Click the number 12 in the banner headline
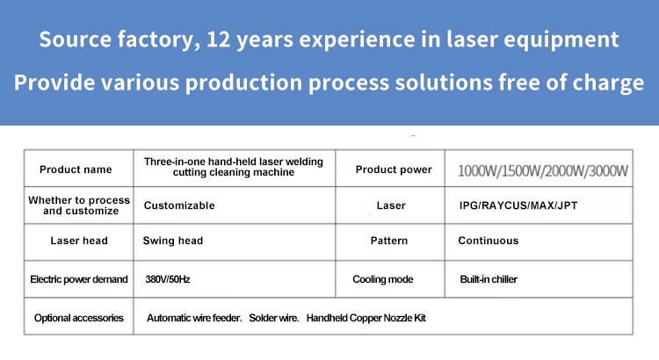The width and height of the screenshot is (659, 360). pos(218,40)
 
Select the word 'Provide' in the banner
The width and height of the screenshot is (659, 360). pos(54,82)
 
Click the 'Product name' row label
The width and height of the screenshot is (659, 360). pos(76,169)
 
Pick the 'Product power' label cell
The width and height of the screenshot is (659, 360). pos(394,169)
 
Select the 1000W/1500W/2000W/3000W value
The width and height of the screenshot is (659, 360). pos(543,171)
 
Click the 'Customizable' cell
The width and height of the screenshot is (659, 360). pos(179,205)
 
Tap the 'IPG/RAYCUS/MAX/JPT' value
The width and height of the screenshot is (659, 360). pos(518,205)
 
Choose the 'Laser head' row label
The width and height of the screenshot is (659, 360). pos(79,241)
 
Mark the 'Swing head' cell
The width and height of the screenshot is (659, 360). pos(173,241)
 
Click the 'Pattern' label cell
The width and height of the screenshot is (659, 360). pos(389,241)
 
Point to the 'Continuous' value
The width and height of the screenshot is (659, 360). pos(489,241)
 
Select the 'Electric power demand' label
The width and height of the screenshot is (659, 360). pos(78,279)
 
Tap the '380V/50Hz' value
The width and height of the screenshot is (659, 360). pos(168,279)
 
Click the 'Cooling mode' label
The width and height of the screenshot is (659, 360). pos(383,279)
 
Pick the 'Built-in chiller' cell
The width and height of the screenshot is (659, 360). pos(489,279)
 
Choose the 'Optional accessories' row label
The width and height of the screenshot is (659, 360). pos(78,318)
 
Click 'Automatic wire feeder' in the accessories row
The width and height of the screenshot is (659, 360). pos(193,318)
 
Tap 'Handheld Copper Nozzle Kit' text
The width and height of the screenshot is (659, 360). pos(366,318)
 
